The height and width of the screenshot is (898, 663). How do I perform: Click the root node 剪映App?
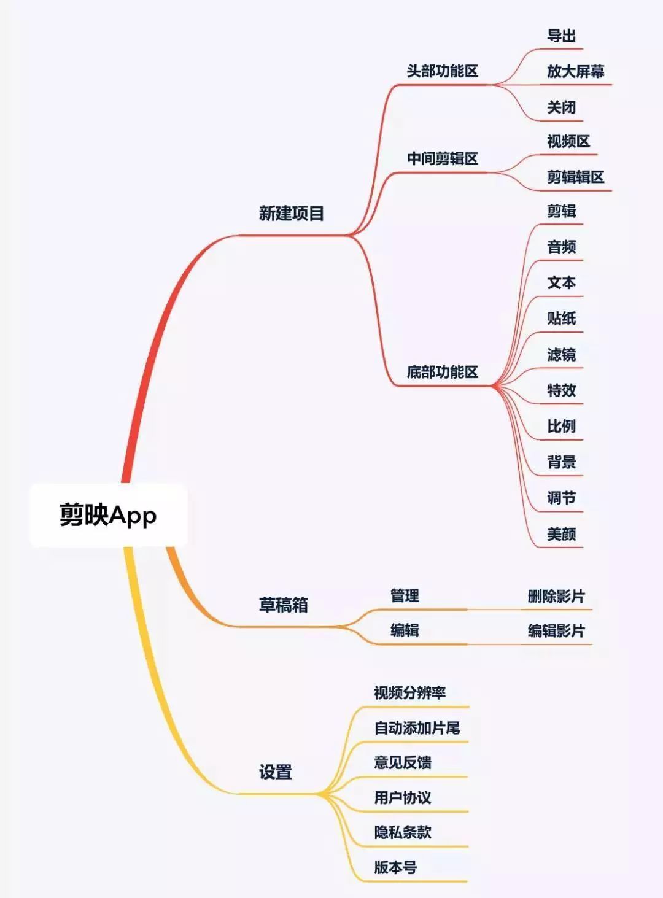108,514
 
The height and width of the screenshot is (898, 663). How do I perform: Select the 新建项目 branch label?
291,214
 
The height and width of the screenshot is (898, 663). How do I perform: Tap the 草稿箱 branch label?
283,605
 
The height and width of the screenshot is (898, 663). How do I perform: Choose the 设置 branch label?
275,772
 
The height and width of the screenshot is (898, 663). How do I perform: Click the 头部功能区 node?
442,71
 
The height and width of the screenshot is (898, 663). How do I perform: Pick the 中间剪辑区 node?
442,159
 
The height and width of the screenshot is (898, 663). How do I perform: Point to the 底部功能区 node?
442,372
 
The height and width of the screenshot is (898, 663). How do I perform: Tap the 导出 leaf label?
561,36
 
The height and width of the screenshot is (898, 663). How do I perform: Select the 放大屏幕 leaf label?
575,72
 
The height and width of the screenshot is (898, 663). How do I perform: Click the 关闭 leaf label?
561,108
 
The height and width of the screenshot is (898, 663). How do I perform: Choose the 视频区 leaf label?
568,142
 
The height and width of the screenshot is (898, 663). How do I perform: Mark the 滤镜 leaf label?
561,355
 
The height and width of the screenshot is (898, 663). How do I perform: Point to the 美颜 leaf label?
561,534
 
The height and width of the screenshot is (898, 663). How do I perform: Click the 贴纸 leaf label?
561,319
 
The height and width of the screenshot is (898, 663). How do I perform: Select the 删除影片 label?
556,596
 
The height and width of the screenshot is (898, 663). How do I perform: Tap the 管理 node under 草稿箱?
405,595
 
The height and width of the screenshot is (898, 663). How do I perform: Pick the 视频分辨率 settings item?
409,693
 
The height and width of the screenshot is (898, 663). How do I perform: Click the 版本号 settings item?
395,867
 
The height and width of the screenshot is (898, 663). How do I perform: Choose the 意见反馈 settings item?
403,762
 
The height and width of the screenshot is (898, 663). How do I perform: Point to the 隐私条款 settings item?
403,832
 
